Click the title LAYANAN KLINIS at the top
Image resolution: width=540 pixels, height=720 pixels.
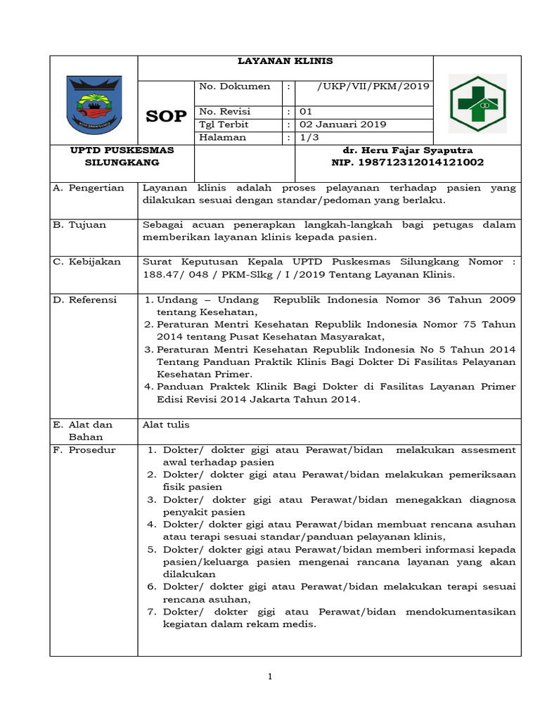tap(285, 61)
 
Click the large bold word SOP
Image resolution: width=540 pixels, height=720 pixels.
tap(166, 117)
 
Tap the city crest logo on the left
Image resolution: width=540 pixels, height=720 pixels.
tap(94, 104)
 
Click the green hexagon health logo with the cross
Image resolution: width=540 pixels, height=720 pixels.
tap(477, 103)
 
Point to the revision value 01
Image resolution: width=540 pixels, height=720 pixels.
tap(307, 112)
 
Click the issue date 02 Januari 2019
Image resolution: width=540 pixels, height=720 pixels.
tap(343, 124)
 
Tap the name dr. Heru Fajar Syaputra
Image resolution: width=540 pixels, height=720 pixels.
tap(407, 150)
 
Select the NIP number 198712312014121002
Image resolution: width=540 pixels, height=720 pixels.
tap(407, 162)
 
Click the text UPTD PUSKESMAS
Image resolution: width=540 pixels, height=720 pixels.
tap(94, 150)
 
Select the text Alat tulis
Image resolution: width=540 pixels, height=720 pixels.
tap(166, 425)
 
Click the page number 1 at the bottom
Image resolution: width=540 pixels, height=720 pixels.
tap(269, 676)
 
